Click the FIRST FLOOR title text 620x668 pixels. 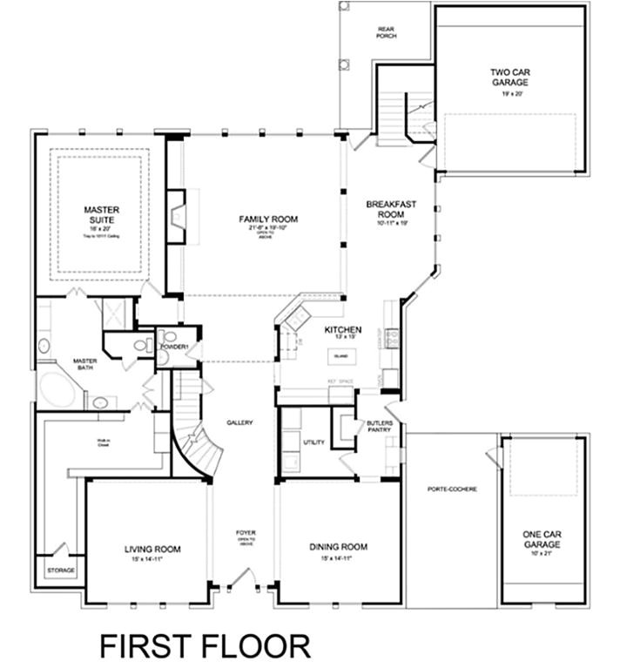(205, 645)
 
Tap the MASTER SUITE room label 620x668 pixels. (102, 214)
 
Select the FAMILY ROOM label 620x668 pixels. (268, 219)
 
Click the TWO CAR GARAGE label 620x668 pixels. (509, 78)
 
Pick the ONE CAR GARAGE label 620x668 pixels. (542, 539)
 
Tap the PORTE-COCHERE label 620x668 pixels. (452, 489)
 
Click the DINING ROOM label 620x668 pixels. (338, 547)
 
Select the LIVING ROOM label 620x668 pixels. (152, 549)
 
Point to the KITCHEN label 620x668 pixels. (342, 330)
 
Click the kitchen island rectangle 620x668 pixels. (340, 356)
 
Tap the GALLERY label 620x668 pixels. (239, 423)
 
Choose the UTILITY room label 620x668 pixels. (313, 442)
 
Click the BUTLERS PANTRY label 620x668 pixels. (380, 427)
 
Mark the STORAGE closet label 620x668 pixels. (61, 570)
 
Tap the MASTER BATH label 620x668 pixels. (84, 365)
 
